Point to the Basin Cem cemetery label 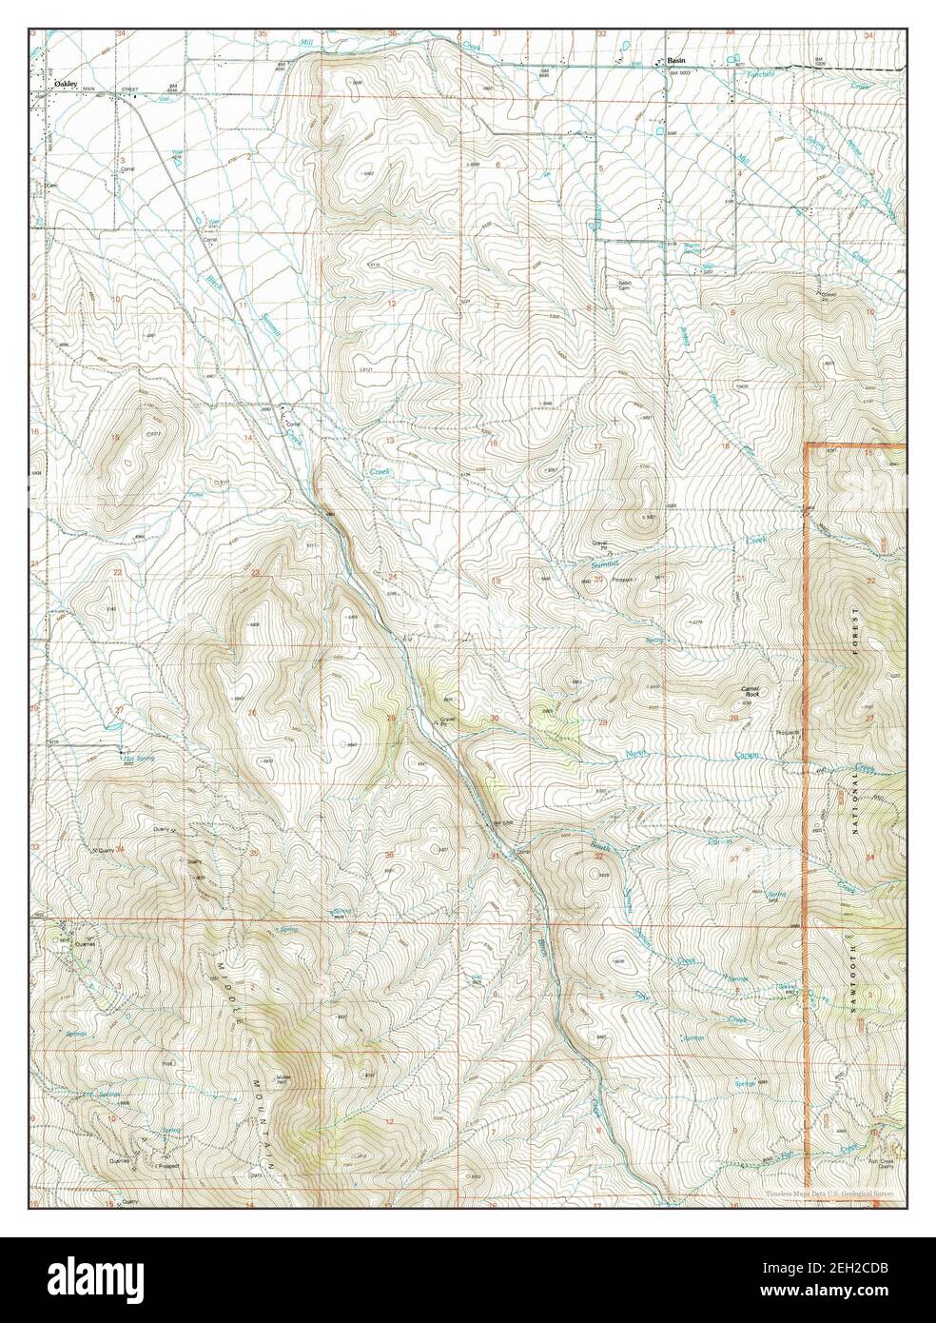tap(625, 285)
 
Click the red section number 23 tap(255, 573)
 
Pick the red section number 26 tap(251, 713)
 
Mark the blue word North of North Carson tap(635, 755)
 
